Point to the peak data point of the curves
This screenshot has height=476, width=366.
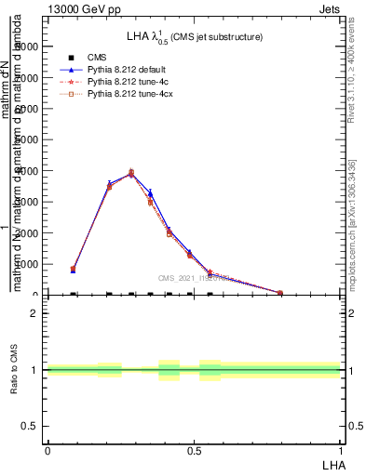coord(131,173)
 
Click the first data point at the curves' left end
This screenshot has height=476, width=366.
coord(73,269)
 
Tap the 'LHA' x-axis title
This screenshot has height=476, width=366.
coord(332,463)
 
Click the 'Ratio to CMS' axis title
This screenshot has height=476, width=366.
coord(14,370)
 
